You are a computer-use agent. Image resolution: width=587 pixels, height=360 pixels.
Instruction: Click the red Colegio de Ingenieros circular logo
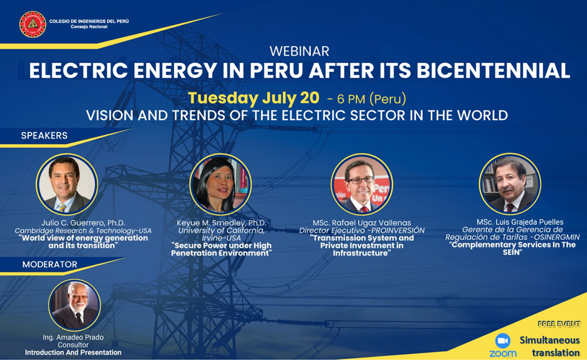coord(32,24)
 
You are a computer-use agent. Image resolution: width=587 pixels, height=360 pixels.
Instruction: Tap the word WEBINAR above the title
coord(299,51)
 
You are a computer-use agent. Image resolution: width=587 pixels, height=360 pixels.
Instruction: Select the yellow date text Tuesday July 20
coord(253,98)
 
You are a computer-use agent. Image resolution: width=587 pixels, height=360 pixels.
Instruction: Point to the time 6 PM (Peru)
coord(371,99)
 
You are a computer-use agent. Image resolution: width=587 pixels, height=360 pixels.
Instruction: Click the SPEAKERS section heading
coord(44,136)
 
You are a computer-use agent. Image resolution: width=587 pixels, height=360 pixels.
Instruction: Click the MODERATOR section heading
coord(50,265)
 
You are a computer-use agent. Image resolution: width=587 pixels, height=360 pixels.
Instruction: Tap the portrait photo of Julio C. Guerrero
coord(67,184)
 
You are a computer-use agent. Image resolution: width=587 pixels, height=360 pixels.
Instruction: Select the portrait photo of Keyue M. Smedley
coord(220,184)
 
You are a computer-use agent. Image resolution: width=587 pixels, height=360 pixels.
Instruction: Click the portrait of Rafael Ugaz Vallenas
coord(362,184)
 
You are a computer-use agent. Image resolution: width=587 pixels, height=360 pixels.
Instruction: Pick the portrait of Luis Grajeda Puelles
coord(510,184)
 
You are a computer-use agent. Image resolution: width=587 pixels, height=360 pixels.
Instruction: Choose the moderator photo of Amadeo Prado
coord(74,305)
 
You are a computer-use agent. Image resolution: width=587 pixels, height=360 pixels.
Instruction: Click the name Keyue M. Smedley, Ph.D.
coord(221,223)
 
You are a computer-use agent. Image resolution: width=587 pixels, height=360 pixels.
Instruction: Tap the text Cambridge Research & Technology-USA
coord(83,230)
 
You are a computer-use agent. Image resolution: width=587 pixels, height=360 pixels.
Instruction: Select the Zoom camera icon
coord(503,341)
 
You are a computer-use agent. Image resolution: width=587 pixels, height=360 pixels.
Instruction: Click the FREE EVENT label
coord(559,324)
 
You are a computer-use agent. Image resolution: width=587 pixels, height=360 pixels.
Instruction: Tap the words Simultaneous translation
coord(549,346)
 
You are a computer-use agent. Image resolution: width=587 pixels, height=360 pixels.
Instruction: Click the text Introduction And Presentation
coord(73,352)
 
